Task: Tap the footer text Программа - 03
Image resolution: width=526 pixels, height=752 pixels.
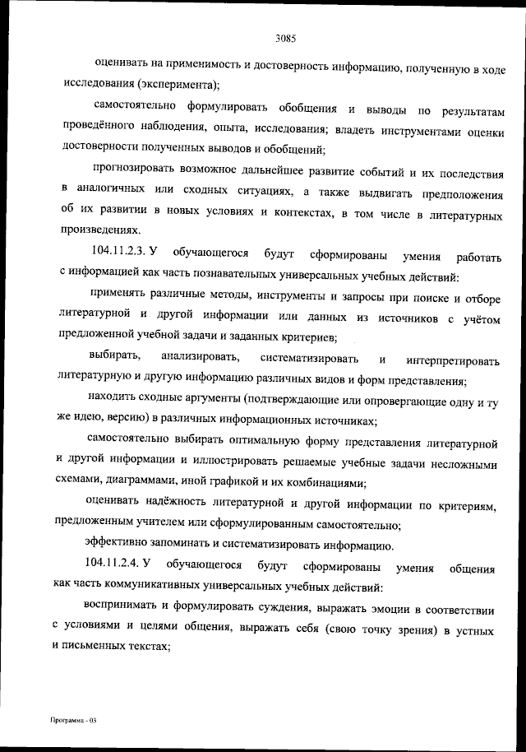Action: pyautogui.click(x=72, y=720)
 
